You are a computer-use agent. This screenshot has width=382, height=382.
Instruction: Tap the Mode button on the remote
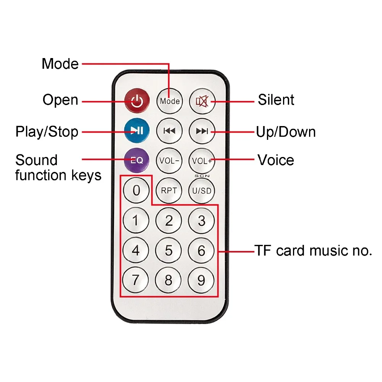pos(170,101)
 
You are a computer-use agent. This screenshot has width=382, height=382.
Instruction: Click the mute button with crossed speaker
pos(202,101)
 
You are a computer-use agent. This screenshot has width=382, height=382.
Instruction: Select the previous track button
pos(169,131)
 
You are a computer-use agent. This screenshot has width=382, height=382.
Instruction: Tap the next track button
pos(202,131)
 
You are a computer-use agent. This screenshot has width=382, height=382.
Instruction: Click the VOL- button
pos(169,160)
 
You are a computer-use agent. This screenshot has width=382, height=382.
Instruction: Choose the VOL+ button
pos(202,160)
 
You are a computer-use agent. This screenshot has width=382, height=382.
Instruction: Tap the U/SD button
pos(202,190)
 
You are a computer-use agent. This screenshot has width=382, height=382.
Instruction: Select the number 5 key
pos(168,251)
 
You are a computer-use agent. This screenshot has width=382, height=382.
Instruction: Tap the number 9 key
pos(201,280)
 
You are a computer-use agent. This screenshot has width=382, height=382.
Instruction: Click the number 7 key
pos(136,280)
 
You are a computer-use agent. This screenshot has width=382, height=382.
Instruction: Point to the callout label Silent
pos(276,100)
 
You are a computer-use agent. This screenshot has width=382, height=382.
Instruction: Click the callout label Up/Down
pos(286,132)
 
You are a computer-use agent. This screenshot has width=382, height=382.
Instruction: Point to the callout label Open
pos(60,100)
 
